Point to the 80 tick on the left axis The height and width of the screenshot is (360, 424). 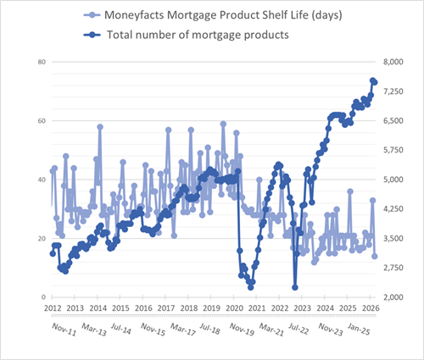pyautogui.click(x=41, y=63)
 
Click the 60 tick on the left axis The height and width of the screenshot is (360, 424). pyautogui.click(x=41, y=121)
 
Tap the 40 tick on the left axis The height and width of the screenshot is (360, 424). pyautogui.click(x=41, y=180)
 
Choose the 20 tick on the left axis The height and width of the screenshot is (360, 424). pyautogui.click(x=41, y=238)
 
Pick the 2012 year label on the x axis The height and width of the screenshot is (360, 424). pyautogui.click(x=53, y=307)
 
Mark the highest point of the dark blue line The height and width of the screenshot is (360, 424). pyautogui.click(x=372, y=80)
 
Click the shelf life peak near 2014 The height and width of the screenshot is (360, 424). pyautogui.click(x=100, y=127)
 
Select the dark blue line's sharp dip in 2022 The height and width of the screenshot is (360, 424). pyautogui.click(x=295, y=287)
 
